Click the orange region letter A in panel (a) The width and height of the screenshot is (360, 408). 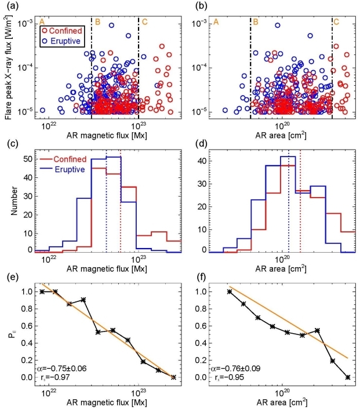(41, 21)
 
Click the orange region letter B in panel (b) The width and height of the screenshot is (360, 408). (256, 21)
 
